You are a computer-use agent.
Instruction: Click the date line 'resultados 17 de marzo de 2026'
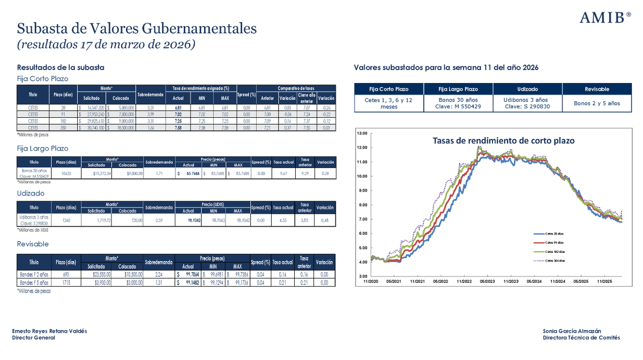(106, 44)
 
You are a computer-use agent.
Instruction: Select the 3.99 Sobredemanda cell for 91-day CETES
(151, 114)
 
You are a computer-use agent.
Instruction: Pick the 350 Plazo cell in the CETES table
(63, 128)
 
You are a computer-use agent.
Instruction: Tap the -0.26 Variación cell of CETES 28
(325, 107)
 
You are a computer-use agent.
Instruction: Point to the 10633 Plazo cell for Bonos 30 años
(67, 174)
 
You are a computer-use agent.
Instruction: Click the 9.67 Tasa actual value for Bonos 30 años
(283, 174)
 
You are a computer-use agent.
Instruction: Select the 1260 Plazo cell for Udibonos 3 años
(67, 220)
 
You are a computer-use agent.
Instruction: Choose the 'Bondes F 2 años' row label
(34, 274)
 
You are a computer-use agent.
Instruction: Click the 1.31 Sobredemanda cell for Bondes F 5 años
(159, 282)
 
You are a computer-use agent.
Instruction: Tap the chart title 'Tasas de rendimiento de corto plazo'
(503, 141)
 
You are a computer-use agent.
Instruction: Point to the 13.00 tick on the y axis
(362, 133)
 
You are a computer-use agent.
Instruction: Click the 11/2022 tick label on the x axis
(464, 281)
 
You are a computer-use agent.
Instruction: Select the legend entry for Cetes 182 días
(559, 251)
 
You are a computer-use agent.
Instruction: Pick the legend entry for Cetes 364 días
(559, 260)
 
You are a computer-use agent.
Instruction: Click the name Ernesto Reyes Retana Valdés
(49, 331)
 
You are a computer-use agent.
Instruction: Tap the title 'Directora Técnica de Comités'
(581, 337)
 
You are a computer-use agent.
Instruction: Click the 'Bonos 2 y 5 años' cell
(596, 103)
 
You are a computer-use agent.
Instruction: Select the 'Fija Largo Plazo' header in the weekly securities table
(458, 89)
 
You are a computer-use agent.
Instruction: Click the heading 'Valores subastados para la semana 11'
(446, 67)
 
